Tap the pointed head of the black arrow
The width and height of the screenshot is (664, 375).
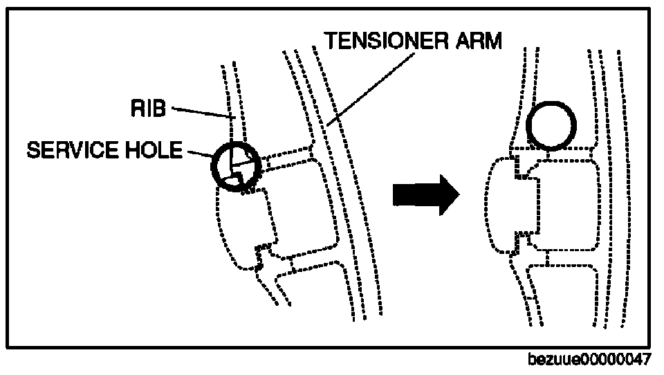(x=450, y=195)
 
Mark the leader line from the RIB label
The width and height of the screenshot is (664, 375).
(x=201, y=113)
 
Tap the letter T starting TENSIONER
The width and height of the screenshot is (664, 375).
(x=331, y=40)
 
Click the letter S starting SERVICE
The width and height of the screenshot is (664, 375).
(x=31, y=150)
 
